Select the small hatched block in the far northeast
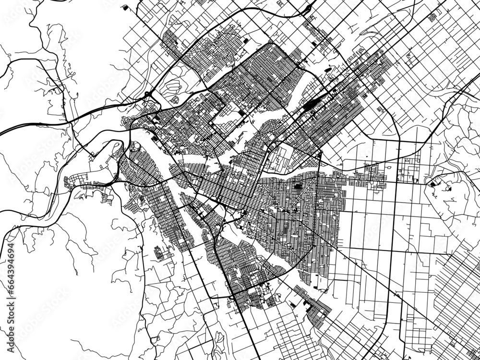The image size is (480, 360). [432, 17]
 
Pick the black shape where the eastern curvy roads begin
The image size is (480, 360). [434, 182]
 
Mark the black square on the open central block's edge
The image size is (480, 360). [240, 113]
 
